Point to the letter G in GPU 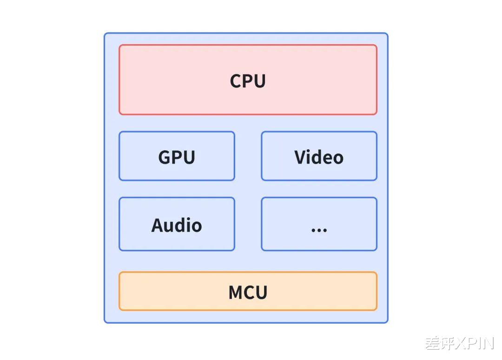(x=164, y=157)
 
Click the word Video (x=319, y=157)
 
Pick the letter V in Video (x=300, y=157)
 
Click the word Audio (x=177, y=225)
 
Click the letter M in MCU (x=236, y=293)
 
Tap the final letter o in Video (x=338, y=159)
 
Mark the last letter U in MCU (x=261, y=293)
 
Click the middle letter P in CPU (x=248, y=81)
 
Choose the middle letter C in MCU (x=249, y=293)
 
